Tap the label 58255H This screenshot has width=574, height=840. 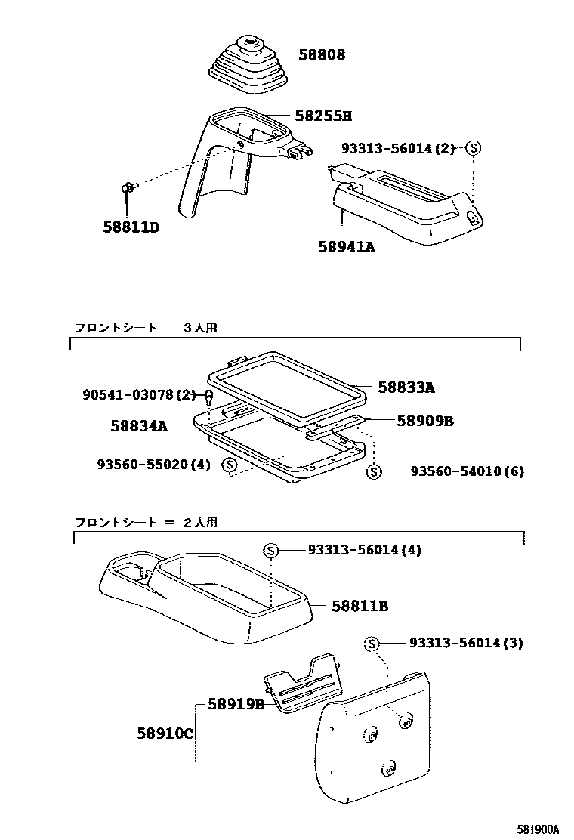[323, 116]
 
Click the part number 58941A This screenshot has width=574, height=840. [346, 246]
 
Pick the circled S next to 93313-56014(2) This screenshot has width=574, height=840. [473, 148]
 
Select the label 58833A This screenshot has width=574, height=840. [406, 388]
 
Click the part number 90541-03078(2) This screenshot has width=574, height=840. [138, 394]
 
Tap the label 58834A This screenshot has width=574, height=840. [139, 426]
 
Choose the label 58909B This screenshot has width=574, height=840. [424, 421]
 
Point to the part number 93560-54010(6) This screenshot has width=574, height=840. [467, 471]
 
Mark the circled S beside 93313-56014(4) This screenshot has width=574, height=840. [270, 551]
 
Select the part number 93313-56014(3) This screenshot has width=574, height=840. [466, 643]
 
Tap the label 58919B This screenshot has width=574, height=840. [235, 704]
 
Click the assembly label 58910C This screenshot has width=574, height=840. [165, 733]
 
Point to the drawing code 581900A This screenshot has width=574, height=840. [538, 829]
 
